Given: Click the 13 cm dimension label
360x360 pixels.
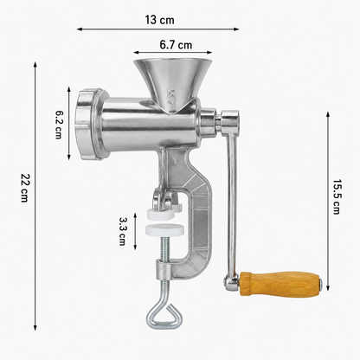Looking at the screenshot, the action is pos(159,20).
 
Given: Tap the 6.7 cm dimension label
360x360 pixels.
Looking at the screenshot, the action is pos(176,45).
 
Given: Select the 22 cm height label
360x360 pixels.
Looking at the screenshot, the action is pos(25,188).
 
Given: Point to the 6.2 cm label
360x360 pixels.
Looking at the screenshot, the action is pos(59,123).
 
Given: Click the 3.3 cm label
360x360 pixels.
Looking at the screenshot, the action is pos(122,231).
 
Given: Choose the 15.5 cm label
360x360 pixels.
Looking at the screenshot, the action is pos(337,196).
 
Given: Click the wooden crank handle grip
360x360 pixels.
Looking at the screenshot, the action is pos(280,283).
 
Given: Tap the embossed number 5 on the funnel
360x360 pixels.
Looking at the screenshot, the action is pos(171,96).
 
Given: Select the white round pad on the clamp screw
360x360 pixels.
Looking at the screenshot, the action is pos(165,229).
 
